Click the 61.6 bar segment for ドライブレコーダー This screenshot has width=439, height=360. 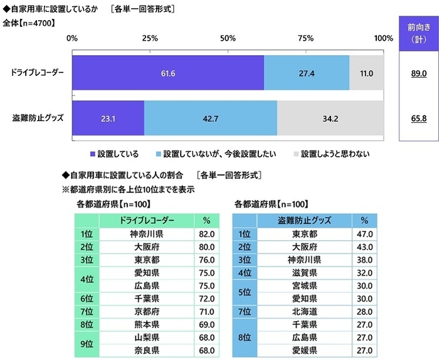(x=167, y=73)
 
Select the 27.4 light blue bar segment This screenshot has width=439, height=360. (x=306, y=73)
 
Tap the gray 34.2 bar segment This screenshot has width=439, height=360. (x=330, y=118)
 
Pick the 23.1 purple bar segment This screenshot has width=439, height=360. (x=108, y=118)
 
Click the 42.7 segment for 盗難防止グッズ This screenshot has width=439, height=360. (x=211, y=118)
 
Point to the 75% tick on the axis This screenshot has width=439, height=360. (x=305, y=38)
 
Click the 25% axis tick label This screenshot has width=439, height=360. (x=150, y=38)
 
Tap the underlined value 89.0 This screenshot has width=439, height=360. (x=418, y=74)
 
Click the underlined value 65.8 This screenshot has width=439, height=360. (x=418, y=118)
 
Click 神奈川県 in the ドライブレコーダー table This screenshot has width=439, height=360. (x=147, y=233)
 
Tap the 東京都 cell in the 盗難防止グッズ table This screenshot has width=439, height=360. (x=304, y=233)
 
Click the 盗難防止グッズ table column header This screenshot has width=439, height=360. (x=304, y=220)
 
